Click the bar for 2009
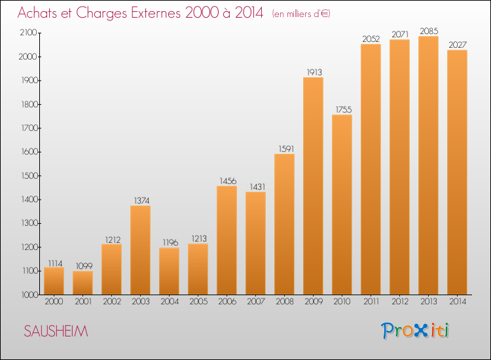point(313,186)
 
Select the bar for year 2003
point(140,250)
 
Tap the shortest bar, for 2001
point(82,283)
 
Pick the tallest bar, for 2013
point(428,166)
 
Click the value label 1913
point(314,72)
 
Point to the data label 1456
point(228,181)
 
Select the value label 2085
point(429,31)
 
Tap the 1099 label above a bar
point(84,266)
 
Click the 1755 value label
point(344,109)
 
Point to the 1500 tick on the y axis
point(29,175)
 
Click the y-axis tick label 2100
point(29,33)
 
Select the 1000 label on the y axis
point(29,295)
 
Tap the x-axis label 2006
point(227,302)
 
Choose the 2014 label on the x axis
point(458,302)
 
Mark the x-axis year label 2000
point(54,302)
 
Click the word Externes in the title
point(156,12)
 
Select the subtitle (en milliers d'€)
point(301,14)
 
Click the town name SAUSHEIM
point(56,331)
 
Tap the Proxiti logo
point(415,331)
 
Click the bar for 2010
point(342,205)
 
